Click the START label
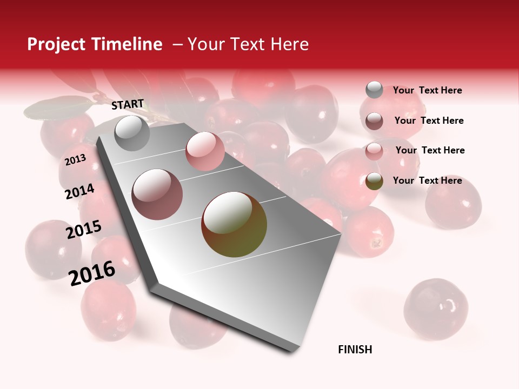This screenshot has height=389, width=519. (128, 104)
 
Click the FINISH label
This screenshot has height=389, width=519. (355, 350)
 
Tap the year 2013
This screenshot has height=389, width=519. (75, 160)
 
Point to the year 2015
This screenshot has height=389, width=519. (84, 230)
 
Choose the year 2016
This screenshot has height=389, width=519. (92, 273)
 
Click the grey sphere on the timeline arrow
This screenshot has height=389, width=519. (132, 133)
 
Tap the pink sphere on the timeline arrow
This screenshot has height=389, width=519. (205, 151)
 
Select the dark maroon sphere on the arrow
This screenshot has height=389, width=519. (157, 194)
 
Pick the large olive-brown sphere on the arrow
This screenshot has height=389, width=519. (234, 224)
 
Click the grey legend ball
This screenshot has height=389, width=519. (374, 90)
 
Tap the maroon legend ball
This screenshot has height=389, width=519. (374, 120)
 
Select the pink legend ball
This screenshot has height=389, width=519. (374, 151)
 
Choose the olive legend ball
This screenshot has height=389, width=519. (374, 181)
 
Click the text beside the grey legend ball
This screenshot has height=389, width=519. (427, 91)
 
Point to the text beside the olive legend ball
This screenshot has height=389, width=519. (427, 180)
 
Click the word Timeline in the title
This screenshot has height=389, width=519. (128, 44)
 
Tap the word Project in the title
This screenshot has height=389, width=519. (57, 44)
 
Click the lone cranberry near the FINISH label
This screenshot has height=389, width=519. (436, 309)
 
